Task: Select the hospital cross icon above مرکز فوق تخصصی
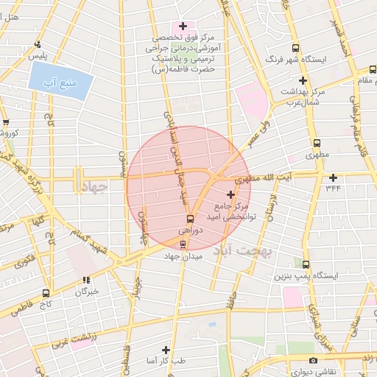[x=183, y=27]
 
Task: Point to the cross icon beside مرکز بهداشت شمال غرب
[x=302, y=80]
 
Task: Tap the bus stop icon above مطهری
[x=317, y=144]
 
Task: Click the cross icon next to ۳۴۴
[x=334, y=177]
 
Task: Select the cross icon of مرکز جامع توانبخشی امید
[x=231, y=195]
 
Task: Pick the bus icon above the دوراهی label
[x=190, y=219]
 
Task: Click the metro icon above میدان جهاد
[x=183, y=244]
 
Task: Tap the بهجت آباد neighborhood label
[x=242, y=252]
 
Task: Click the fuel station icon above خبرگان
[x=86, y=280]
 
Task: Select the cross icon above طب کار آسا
[x=166, y=350]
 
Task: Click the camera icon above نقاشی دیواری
[x=314, y=360]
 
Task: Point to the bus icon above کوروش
[x=6, y=122]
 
